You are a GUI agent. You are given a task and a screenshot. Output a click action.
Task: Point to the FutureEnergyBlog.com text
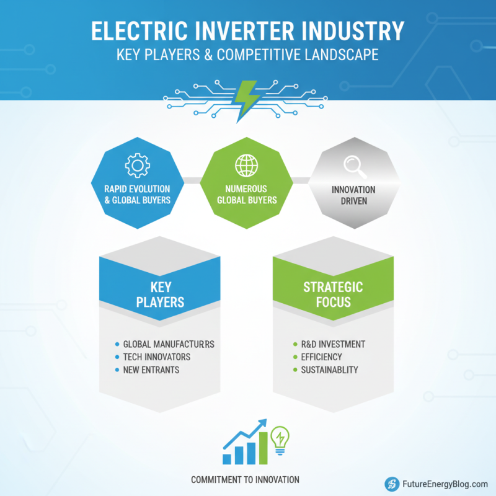444,484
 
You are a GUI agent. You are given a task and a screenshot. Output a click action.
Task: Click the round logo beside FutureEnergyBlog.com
391,484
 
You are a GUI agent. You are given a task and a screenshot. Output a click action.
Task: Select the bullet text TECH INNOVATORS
157,357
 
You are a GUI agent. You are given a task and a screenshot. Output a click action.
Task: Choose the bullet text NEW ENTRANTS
151,370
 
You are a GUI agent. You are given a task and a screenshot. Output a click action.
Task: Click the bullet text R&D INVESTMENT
333,344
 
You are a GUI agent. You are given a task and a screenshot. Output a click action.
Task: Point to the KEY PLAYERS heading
159,295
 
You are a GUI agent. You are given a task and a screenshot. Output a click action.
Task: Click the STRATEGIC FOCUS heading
333,295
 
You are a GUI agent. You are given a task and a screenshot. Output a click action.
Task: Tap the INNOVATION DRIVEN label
353,195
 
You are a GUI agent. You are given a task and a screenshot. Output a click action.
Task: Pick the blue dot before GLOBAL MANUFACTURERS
117,344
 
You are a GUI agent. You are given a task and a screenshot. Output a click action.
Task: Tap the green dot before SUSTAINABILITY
294,370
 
